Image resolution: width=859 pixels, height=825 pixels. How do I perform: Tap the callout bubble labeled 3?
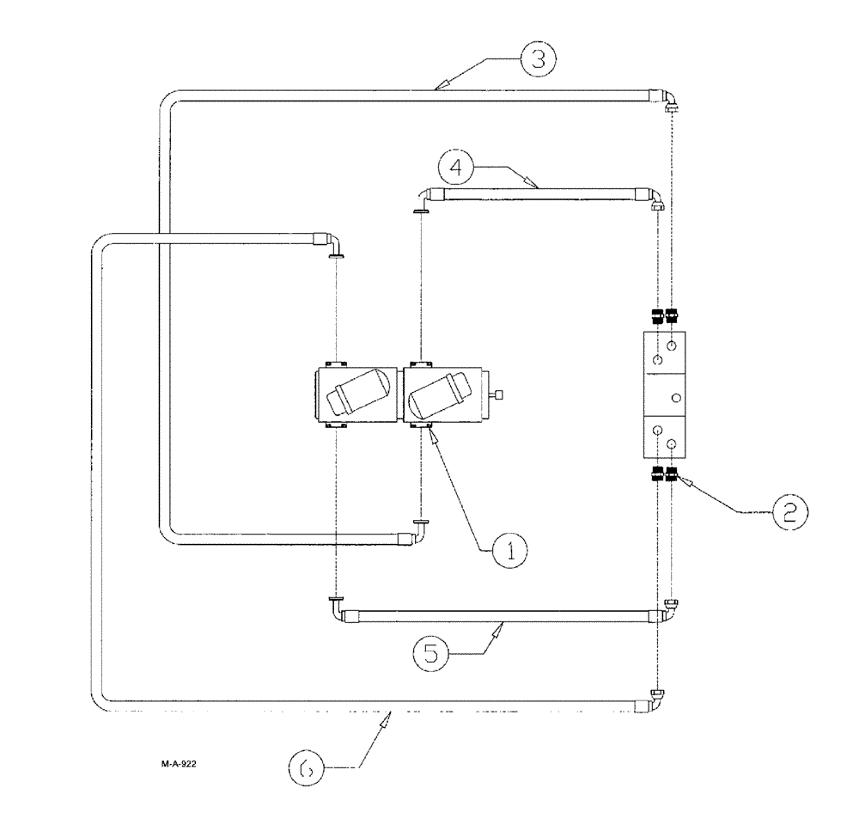coord(536,58)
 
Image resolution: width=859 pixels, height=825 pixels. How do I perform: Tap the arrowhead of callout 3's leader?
coord(439,85)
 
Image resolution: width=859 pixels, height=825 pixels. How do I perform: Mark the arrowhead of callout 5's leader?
coord(497,626)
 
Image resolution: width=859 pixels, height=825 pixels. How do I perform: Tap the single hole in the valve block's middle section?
coord(676,397)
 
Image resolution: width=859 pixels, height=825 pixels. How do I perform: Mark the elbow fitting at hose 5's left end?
coord(336,608)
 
